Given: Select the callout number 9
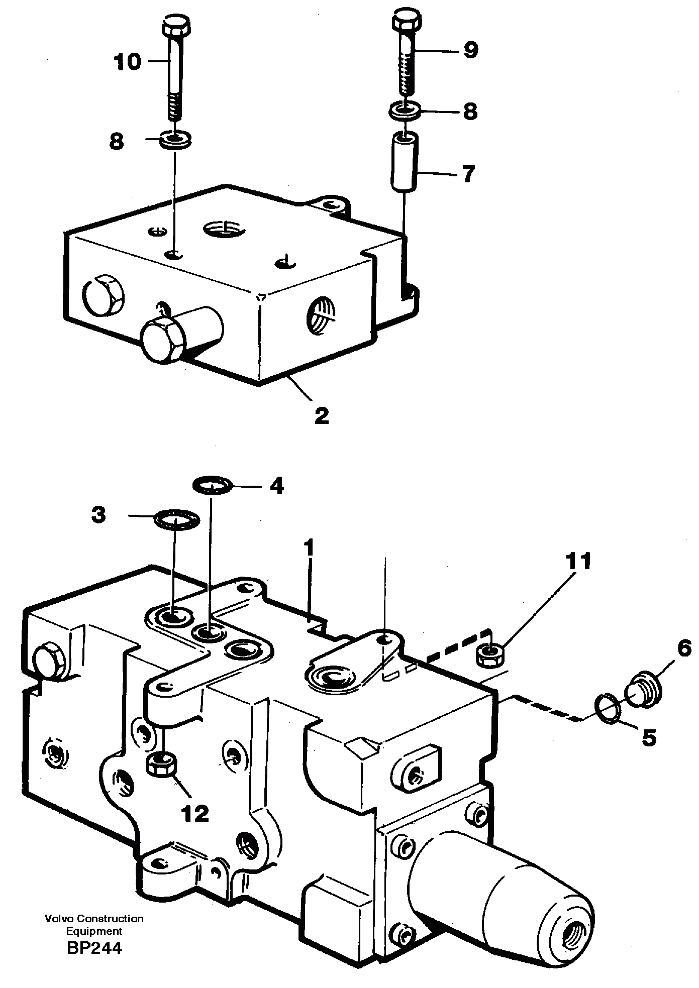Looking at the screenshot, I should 470,50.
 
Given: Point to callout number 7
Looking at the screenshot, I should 468,174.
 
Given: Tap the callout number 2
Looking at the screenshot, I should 322,415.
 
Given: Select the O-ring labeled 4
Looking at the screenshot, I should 213,485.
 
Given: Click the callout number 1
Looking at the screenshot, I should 310,548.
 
